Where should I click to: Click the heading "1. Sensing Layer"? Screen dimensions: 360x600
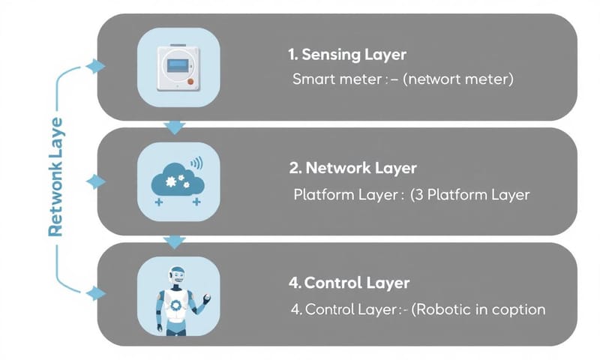(x=346, y=55)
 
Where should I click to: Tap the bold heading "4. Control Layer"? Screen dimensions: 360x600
(x=349, y=283)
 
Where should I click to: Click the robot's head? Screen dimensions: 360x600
(x=177, y=277)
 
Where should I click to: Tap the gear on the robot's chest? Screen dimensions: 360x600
(x=177, y=305)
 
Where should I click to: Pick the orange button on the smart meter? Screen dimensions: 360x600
(x=192, y=79)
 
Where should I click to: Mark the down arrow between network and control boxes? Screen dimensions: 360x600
(x=175, y=241)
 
